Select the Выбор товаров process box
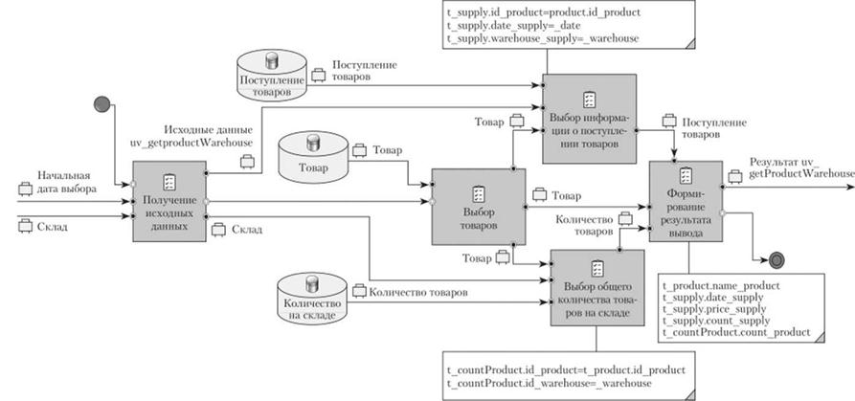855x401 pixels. click(479, 219)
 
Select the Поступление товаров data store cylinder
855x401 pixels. click(272, 76)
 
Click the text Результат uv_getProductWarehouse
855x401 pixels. click(800, 167)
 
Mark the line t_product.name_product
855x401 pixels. click(721, 285)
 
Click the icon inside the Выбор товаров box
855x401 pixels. click(478, 189)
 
